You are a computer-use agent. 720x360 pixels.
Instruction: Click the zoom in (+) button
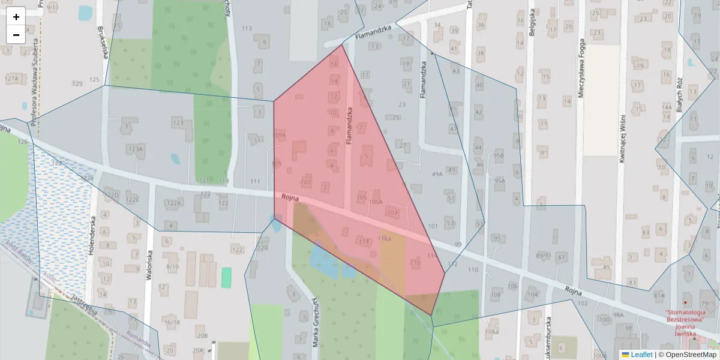[16, 17]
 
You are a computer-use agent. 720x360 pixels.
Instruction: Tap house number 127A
[13, 79]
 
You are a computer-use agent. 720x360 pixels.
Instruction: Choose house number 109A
[279, 136]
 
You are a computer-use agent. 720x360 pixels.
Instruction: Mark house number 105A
[376, 202]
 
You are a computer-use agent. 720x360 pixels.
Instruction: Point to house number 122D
[112, 194]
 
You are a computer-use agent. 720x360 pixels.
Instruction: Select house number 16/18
[172, 322]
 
